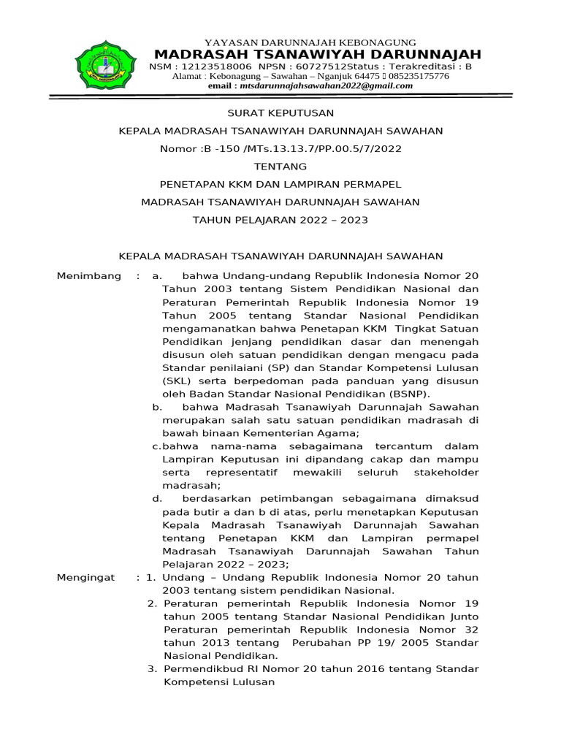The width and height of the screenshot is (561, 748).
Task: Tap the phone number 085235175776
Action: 417,76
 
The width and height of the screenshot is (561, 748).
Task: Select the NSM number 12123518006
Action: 210,66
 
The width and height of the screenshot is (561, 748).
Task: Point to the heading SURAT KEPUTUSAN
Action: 280,113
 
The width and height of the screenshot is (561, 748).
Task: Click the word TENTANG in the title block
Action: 280,167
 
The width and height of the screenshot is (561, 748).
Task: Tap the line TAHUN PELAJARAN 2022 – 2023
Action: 280,219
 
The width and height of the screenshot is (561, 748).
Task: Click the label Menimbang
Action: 89,276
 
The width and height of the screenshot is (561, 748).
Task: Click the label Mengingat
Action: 86,577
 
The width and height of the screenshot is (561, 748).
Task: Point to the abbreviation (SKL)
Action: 175,381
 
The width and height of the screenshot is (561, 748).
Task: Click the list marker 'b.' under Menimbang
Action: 156,407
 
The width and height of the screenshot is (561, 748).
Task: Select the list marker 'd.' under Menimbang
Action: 156,498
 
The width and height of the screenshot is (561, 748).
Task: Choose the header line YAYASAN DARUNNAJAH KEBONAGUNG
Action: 310,42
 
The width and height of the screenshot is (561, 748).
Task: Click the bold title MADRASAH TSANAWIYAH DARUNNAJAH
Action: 318,55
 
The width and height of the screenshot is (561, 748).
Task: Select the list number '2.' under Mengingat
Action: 152,603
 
